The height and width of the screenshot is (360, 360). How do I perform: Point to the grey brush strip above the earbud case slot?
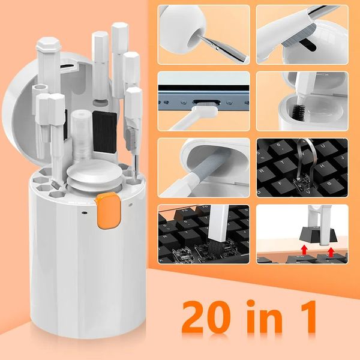[x=299, y=31]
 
